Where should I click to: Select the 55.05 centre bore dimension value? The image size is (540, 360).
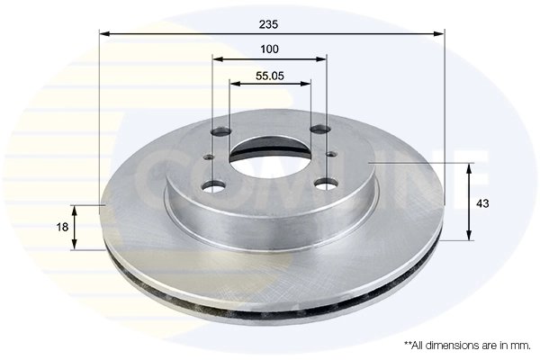pyautogui.click(x=270, y=76)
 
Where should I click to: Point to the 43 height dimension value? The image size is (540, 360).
pyautogui.click(x=482, y=203)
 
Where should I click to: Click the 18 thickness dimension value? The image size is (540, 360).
pyautogui.click(x=60, y=228)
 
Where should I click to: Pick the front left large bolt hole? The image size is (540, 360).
pyautogui.click(x=212, y=187)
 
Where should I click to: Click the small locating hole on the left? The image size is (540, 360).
pyautogui.click(x=208, y=159)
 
